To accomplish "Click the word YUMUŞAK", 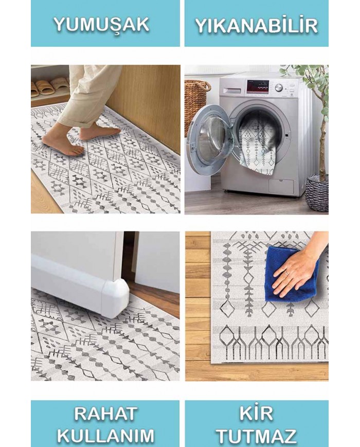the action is coord(101,25).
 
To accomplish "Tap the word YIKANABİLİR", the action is coord(256,25).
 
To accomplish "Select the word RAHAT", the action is coord(105,414).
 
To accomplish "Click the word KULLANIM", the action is coord(105,436).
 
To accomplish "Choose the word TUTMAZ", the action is coord(256,436).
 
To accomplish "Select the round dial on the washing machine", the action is coord(279,87).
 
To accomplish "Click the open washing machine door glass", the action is coord(209,140).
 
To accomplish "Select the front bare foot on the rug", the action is coord(63,144).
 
